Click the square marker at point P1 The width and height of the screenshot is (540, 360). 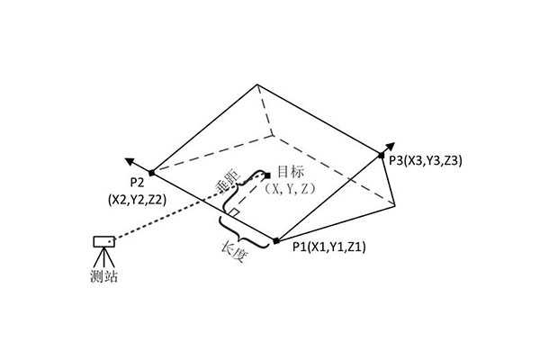pyautogui.click(x=276, y=241)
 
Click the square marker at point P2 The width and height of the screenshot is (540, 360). pyautogui.click(x=152, y=173)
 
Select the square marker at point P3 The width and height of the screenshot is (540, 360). pyautogui.click(x=381, y=156)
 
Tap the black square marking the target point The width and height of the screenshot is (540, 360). pyautogui.click(x=267, y=175)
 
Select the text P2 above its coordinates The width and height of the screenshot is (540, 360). pyautogui.click(x=137, y=183)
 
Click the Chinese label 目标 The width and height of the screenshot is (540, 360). pyautogui.click(x=291, y=172)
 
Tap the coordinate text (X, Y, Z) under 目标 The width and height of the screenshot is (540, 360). pyautogui.click(x=291, y=188)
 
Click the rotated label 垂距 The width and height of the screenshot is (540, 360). pyautogui.click(x=227, y=180)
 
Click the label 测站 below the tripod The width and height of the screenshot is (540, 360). pyautogui.click(x=104, y=276)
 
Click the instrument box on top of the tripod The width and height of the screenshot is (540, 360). pyautogui.click(x=104, y=241)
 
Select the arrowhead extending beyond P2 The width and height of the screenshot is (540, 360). pyautogui.click(x=130, y=161)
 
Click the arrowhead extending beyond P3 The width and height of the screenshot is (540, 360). pyautogui.click(x=391, y=147)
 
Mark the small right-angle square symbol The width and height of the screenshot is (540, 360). pyautogui.click(x=235, y=212)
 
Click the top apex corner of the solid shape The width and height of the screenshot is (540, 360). pyautogui.click(x=256, y=84)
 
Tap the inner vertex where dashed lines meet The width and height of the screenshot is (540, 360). pyautogui.click(x=273, y=135)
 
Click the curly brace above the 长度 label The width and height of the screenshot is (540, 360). pyautogui.click(x=244, y=232)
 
